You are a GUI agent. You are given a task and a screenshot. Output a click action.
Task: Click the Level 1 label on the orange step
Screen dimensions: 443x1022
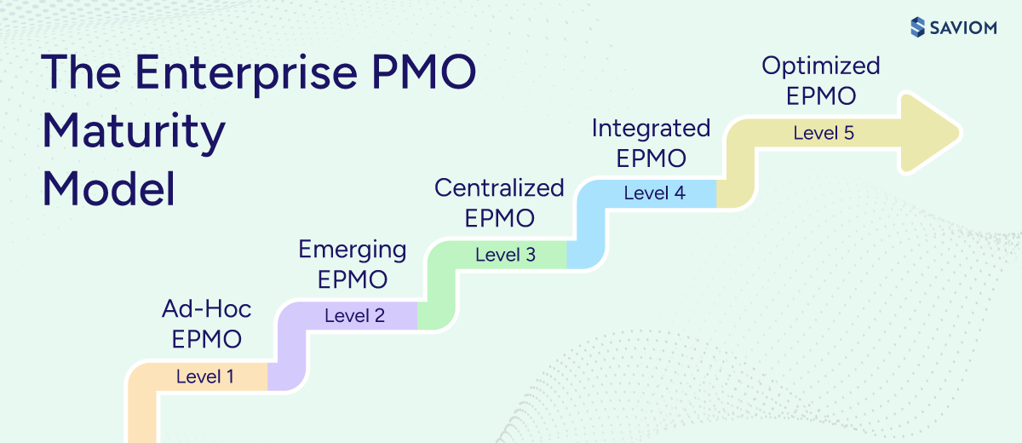(x=205, y=376)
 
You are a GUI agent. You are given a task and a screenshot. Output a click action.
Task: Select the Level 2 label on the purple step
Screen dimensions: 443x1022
(x=354, y=315)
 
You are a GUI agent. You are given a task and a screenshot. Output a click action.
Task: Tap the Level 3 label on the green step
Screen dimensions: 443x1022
(x=505, y=254)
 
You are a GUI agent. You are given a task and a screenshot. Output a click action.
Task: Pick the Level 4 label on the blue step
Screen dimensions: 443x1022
(x=654, y=193)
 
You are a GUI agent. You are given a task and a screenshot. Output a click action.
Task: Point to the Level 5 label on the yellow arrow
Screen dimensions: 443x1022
(x=823, y=133)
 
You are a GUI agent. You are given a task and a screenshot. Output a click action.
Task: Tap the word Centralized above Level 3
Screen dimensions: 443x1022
(x=499, y=187)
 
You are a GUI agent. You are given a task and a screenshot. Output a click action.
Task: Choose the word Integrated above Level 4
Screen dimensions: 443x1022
(x=651, y=128)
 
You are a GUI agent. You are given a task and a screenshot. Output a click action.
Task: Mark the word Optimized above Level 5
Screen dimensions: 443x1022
(x=821, y=66)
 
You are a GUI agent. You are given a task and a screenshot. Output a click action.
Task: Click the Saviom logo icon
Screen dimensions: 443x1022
(x=917, y=26)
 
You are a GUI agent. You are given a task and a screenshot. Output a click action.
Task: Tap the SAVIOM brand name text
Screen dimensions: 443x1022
(x=967, y=27)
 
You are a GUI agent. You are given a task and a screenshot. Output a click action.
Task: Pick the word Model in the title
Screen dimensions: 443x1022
(x=108, y=188)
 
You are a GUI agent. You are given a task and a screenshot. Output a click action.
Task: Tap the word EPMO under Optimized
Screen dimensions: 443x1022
(x=821, y=96)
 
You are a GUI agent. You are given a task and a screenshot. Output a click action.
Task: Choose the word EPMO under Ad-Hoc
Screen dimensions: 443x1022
(x=207, y=339)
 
